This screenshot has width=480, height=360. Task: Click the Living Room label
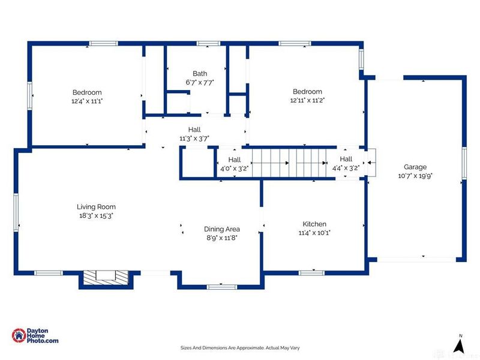pos(96,207)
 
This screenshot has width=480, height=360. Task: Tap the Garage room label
pos(415,167)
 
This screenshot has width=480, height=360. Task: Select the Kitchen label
pos(314,224)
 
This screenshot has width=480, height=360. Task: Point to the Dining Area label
pos(222,229)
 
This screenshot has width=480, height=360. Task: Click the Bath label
pos(200,74)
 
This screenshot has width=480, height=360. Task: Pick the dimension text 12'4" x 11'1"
pos(87,101)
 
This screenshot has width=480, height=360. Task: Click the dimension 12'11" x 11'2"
pos(307,100)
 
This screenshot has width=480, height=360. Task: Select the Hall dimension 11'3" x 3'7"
pos(194,139)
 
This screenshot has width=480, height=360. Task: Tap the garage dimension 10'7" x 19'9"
pos(415,176)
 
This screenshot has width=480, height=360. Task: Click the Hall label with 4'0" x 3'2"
pos(235,160)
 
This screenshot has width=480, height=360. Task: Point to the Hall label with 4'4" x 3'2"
pos(346,159)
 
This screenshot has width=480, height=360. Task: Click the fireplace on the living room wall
pos(106,278)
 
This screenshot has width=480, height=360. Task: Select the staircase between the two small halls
pos(289,163)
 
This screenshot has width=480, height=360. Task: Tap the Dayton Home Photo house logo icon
pos(19,336)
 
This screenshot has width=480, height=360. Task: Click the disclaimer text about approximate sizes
pos(240,348)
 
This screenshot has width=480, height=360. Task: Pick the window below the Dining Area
pos(222,287)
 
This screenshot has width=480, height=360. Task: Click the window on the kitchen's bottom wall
pos(311,273)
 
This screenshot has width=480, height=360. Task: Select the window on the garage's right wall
pos(464,163)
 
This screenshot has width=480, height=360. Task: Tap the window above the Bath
pos(208,43)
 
